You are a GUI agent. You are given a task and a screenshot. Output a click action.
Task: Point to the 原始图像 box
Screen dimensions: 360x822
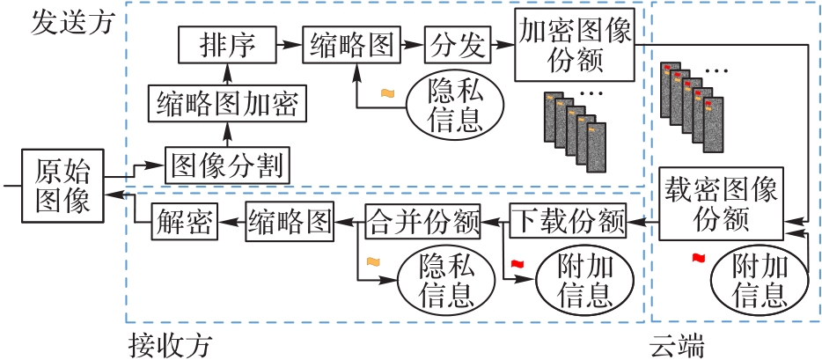pos(62,185)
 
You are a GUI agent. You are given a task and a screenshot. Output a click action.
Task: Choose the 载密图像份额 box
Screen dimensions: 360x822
pos(722,202)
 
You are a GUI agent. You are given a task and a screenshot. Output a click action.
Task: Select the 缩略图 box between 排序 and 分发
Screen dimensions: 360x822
pos(350,44)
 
